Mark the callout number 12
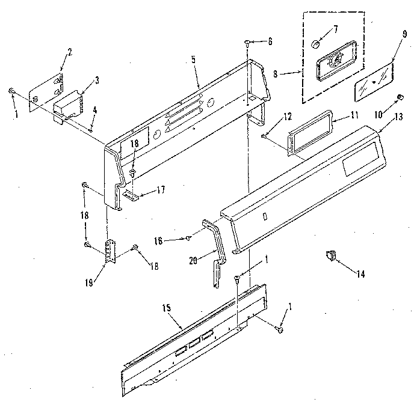point(270,115)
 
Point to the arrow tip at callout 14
point(335,260)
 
